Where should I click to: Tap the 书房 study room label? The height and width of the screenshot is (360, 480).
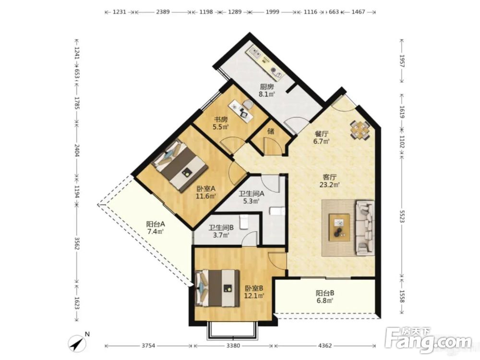(x=220, y=120)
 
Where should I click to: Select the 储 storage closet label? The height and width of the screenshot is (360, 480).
(x=271, y=132)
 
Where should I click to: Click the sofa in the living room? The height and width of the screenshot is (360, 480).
(x=364, y=228)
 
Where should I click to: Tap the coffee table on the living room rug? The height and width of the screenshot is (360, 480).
(x=339, y=228)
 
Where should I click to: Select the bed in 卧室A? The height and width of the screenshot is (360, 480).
(x=180, y=165)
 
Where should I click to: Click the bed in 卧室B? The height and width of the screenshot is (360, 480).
(x=217, y=288)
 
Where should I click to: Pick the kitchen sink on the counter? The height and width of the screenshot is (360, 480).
(x=255, y=53)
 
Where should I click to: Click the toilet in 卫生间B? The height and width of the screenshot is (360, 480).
(x=244, y=222)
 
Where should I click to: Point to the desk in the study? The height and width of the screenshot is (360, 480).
(x=241, y=108)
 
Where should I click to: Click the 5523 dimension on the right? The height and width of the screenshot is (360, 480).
(x=402, y=216)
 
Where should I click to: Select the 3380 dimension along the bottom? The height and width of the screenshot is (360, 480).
(x=233, y=346)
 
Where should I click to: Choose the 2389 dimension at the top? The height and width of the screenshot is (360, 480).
(x=163, y=12)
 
